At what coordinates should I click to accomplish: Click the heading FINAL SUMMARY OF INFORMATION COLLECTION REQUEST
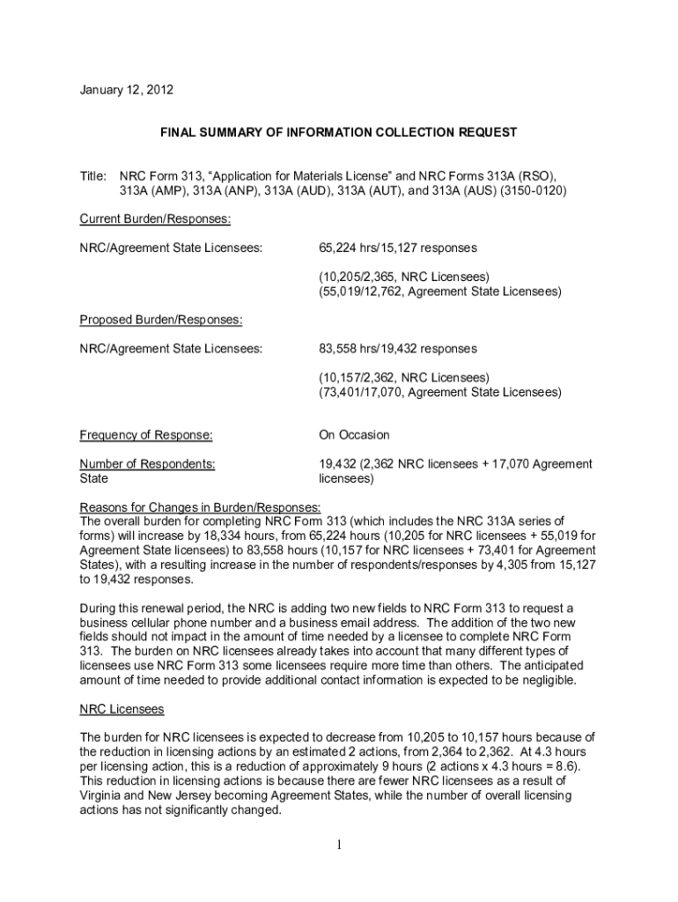point(338,132)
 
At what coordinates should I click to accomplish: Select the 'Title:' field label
point(93,175)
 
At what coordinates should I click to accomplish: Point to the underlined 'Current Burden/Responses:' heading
point(155,218)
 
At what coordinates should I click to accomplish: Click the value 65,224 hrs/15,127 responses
point(397,248)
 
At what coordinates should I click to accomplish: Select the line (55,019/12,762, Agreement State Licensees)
point(439,292)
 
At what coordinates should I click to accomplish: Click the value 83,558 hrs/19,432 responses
point(397,349)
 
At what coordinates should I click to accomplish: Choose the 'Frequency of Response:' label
point(146,435)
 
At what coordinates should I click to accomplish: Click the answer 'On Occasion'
point(354,435)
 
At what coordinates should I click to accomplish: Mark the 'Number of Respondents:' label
point(147,464)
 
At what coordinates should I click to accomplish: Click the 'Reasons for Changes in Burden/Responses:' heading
point(201,507)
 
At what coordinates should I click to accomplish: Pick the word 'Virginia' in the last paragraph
point(103,795)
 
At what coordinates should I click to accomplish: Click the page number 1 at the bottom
point(338,847)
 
